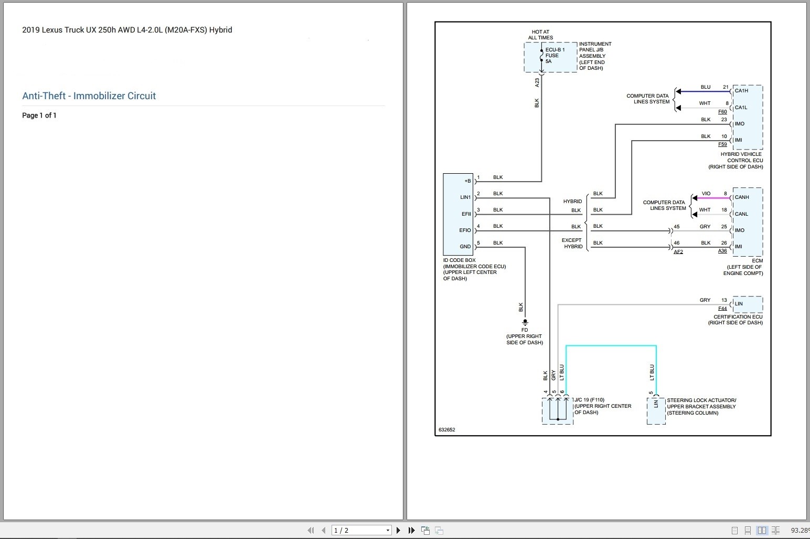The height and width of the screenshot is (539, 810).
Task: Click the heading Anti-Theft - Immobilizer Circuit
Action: point(89,96)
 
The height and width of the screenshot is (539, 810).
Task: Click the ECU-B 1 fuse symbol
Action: point(541,55)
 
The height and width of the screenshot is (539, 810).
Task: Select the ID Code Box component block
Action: point(458,214)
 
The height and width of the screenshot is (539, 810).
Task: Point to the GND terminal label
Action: point(465,247)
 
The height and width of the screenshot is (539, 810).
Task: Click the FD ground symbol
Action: point(525,323)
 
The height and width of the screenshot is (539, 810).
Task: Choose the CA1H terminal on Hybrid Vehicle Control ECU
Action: point(741,91)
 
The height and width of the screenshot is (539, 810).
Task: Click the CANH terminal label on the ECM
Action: point(742,197)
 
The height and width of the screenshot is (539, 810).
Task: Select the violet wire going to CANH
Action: point(713,198)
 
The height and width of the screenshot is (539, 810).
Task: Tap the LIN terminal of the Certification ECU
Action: point(739,304)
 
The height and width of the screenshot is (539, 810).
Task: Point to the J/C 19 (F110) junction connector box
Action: point(557,410)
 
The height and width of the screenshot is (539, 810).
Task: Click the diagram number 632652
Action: point(446,430)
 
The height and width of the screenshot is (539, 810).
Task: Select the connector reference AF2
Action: point(678,252)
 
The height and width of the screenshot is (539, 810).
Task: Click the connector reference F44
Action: point(722,309)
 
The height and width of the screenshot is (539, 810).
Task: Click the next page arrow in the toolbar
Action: point(399,531)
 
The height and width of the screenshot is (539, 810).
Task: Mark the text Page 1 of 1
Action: point(39,115)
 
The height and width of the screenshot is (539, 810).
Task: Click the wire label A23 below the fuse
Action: point(537,82)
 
